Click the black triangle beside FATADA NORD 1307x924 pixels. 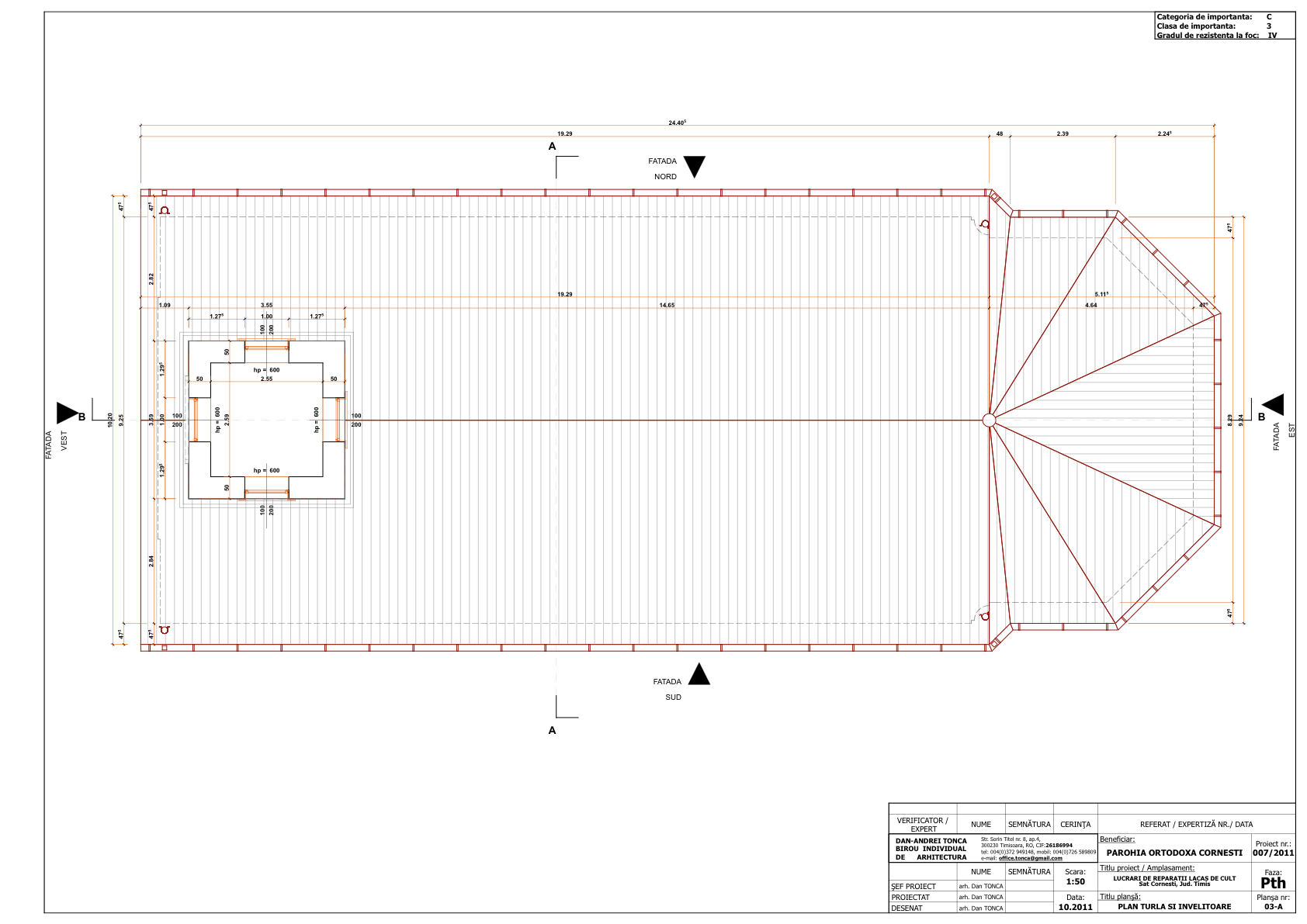694,165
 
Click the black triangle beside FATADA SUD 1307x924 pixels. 699,676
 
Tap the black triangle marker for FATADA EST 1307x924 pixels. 1274,405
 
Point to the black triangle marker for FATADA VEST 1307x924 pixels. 67,413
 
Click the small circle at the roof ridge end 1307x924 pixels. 989,420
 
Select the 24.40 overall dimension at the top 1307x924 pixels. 677,123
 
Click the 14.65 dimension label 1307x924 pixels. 667,305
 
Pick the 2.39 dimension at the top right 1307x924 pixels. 1063,133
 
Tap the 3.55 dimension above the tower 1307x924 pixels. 266,305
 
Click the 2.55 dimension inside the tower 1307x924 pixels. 266,379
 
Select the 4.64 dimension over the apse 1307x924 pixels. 1090,305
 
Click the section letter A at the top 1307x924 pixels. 553,146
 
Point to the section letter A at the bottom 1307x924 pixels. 553,730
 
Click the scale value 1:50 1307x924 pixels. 1075,881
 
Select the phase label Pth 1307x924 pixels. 1273,883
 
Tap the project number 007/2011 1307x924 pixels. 1273,853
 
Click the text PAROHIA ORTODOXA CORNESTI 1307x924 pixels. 1174,853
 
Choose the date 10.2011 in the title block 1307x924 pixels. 1075,907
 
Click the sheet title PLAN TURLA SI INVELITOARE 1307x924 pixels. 1174,906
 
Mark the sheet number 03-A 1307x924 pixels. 1273,906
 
